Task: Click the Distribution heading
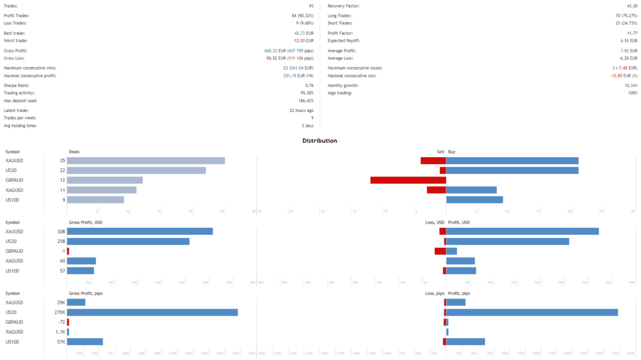[x=320, y=141]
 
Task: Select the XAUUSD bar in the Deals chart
[x=145, y=161]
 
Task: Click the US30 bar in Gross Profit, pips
[x=152, y=312]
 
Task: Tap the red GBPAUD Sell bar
[x=408, y=180]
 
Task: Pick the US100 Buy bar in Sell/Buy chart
[x=474, y=200]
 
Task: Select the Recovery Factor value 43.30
[x=630, y=6]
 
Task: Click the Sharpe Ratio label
[x=16, y=86]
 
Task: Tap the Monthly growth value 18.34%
[x=630, y=86]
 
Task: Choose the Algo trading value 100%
[x=632, y=93]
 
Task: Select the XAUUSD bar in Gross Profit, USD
[x=140, y=232]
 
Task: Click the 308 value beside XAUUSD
[x=61, y=232]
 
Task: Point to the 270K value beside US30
[x=60, y=312]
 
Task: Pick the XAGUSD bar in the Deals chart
[x=101, y=190]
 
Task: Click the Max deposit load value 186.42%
[x=305, y=101]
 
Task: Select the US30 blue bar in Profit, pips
[x=531, y=312]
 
